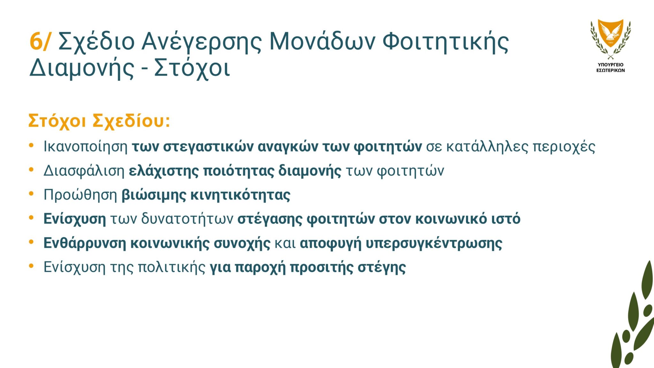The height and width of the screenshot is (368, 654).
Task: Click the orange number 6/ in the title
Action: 40,41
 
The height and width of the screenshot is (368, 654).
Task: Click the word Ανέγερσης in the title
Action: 202,42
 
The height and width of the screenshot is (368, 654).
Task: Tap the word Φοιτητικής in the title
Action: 445,42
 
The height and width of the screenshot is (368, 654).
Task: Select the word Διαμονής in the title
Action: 82,68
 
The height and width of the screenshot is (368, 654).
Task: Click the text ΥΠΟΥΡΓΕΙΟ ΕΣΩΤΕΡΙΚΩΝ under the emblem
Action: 611,67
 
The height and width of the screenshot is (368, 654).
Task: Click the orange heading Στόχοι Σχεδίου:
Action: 99,121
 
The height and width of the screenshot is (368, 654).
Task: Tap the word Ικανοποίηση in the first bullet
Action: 86,147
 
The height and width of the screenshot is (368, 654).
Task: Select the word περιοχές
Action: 564,147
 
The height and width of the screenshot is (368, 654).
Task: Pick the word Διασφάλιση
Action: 84,171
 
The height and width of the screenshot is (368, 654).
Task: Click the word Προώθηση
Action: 80,195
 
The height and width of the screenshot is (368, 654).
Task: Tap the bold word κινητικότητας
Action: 240,195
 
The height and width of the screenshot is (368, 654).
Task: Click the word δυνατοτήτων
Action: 187,219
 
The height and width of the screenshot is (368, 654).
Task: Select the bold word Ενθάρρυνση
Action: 85,243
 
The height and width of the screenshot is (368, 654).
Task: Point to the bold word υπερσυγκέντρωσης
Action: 434,243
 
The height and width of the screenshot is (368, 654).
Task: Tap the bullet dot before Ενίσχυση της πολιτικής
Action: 31,266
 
